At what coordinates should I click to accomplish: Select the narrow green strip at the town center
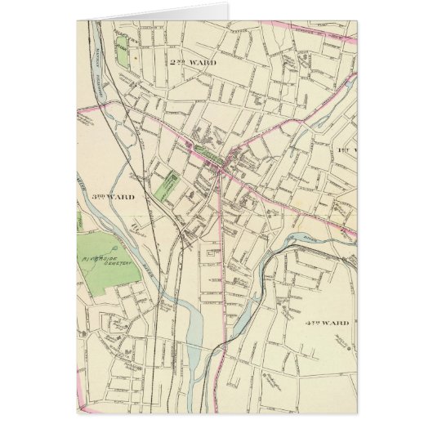208,154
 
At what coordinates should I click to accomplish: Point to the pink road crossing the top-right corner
327,35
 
